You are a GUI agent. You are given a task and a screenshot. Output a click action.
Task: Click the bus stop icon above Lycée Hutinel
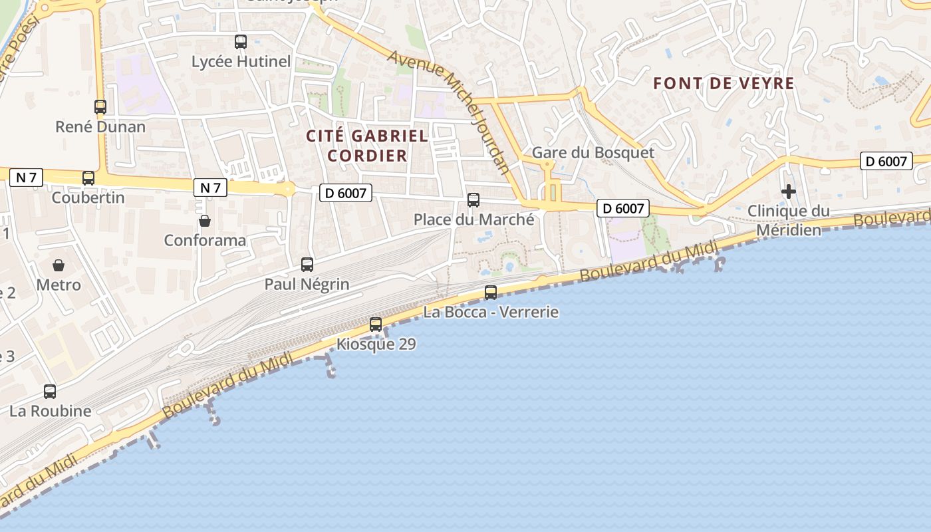coord(241,42)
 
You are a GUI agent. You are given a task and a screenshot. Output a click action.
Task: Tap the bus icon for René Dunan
coord(100,106)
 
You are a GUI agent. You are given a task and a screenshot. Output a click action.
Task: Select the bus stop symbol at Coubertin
coord(88,178)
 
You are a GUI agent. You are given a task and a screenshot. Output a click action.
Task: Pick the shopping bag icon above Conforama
coord(205,220)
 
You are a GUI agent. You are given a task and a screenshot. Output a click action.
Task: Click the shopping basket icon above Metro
coord(59,265)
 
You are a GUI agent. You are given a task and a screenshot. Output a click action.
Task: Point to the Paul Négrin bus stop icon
coord(307,264)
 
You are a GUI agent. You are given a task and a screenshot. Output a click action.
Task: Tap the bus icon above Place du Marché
coord(473,199)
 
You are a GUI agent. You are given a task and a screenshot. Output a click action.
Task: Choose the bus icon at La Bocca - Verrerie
coord(491,292)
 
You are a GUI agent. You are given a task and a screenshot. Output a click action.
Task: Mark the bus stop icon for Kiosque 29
coord(376,325)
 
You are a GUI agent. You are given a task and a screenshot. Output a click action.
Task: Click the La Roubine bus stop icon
coord(50,391)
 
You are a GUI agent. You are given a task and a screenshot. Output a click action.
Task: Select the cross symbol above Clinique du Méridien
coord(789,192)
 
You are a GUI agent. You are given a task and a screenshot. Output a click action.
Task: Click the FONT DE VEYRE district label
coord(724,83)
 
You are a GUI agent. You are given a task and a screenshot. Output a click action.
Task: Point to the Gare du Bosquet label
coord(593,152)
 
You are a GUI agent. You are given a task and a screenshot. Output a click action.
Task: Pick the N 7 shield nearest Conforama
coord(210,188)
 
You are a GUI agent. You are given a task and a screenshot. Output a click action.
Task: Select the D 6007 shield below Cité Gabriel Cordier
coord(346,193)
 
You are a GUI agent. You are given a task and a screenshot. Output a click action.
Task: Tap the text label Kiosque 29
coord(376,344)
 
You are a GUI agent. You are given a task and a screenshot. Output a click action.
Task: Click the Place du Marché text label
coord(473,219)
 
